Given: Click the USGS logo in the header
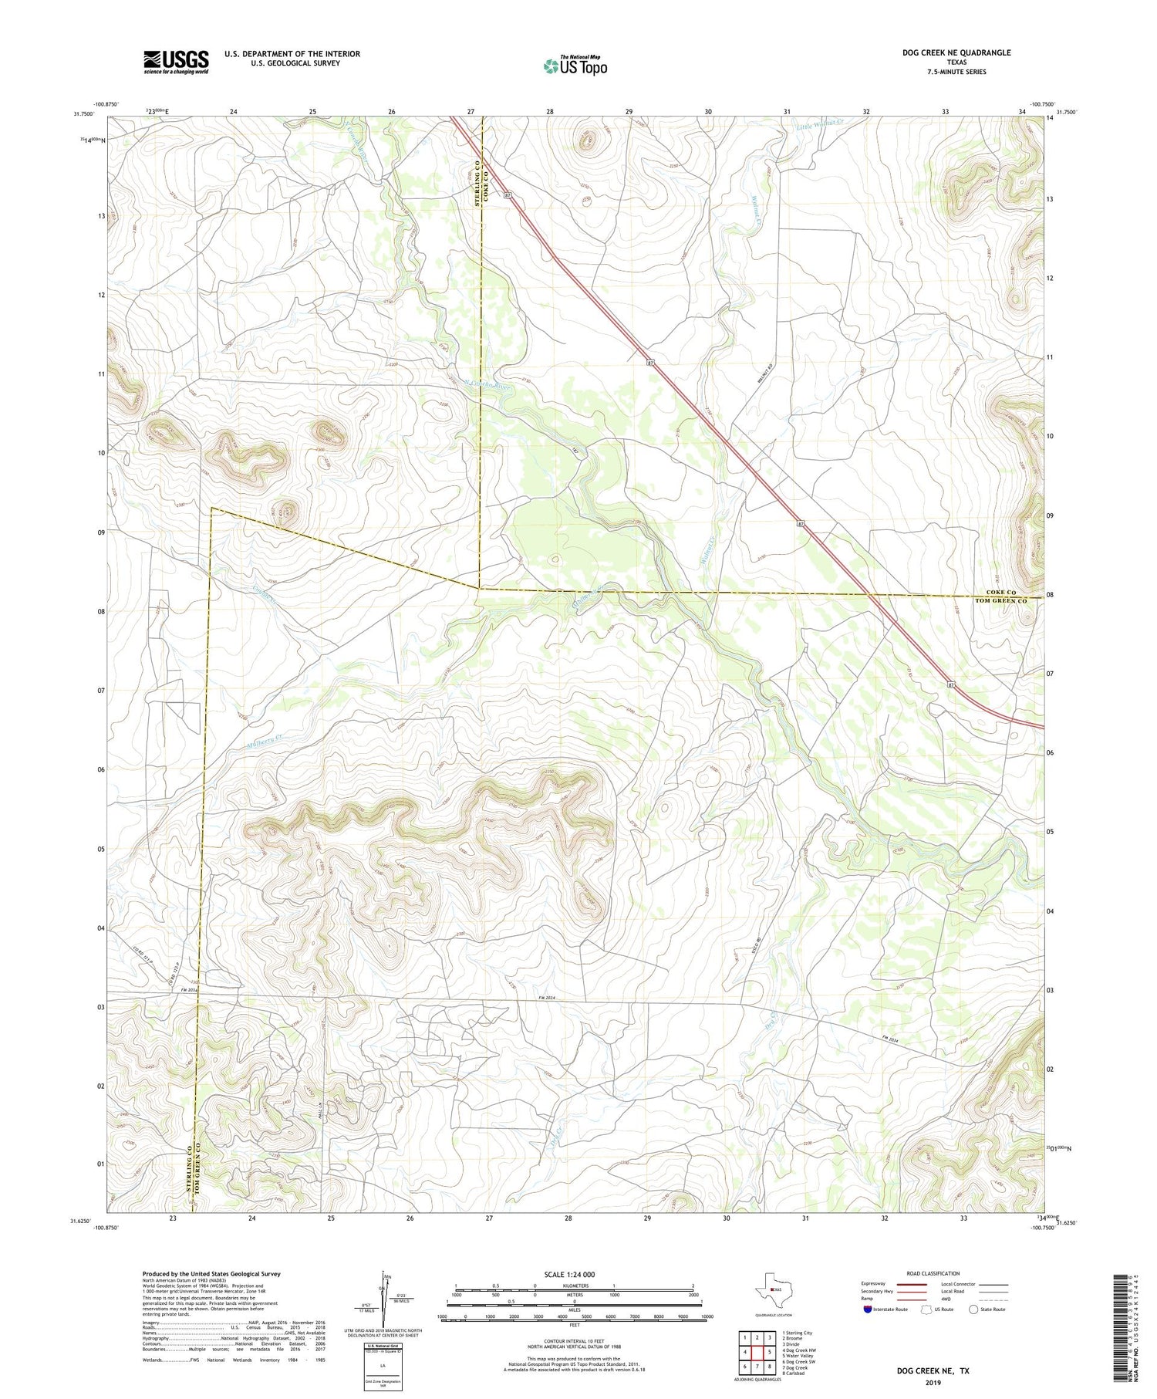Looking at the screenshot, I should [176, 62].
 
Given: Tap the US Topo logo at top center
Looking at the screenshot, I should [575, 66].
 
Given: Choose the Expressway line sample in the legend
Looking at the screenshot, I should [911, 1284].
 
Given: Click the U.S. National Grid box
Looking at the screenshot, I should [383, 1367].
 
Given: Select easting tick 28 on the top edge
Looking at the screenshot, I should [550, 112].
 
